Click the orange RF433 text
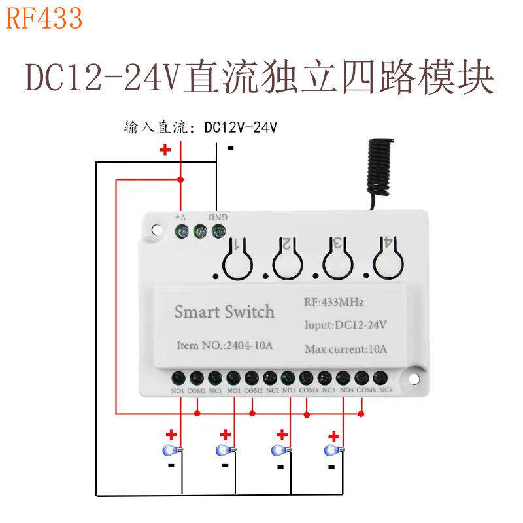click(44, 19)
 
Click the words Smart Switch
click(224, 312)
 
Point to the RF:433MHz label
click(334, 303)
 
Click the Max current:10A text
click(346, 349)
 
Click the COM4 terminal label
click(367, 390)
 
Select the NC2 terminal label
click(273, 391)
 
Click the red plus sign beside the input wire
click(165, 150)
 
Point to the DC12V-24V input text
click(241, 127)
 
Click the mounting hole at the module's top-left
click(156, 231)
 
